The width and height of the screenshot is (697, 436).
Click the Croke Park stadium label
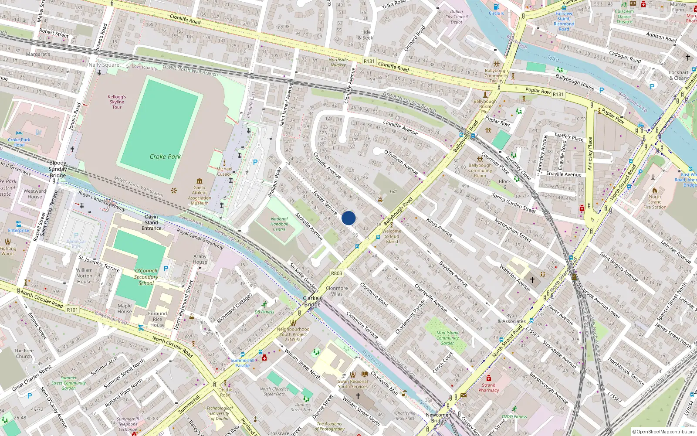(165, 157)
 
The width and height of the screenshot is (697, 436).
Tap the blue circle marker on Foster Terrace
(348, 218)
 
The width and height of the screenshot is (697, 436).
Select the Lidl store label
(393, 191)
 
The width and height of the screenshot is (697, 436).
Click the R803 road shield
(336, 273)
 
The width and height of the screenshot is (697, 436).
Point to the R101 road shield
(72, 310)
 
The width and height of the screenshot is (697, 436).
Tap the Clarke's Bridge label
(312, 301)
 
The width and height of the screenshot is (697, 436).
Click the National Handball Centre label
(279, 224)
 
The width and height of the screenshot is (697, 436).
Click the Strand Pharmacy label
(488, 388)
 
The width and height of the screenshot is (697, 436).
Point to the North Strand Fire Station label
(654, 202)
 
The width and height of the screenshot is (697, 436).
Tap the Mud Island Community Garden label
(447, 338)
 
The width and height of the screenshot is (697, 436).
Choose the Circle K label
(496, 13)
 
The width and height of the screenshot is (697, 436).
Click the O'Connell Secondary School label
(146, 277)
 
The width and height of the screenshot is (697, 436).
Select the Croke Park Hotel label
(19, 142)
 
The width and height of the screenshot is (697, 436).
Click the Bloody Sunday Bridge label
(58, 169)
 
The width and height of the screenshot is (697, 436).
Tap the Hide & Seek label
(365, 35)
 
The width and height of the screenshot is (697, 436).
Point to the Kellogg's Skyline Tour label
(117, 102)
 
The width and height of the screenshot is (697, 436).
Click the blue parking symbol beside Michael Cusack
(255, 162)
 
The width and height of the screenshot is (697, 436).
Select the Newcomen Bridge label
(438, 418)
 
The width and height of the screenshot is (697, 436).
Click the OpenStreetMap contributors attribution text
(663, 432)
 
